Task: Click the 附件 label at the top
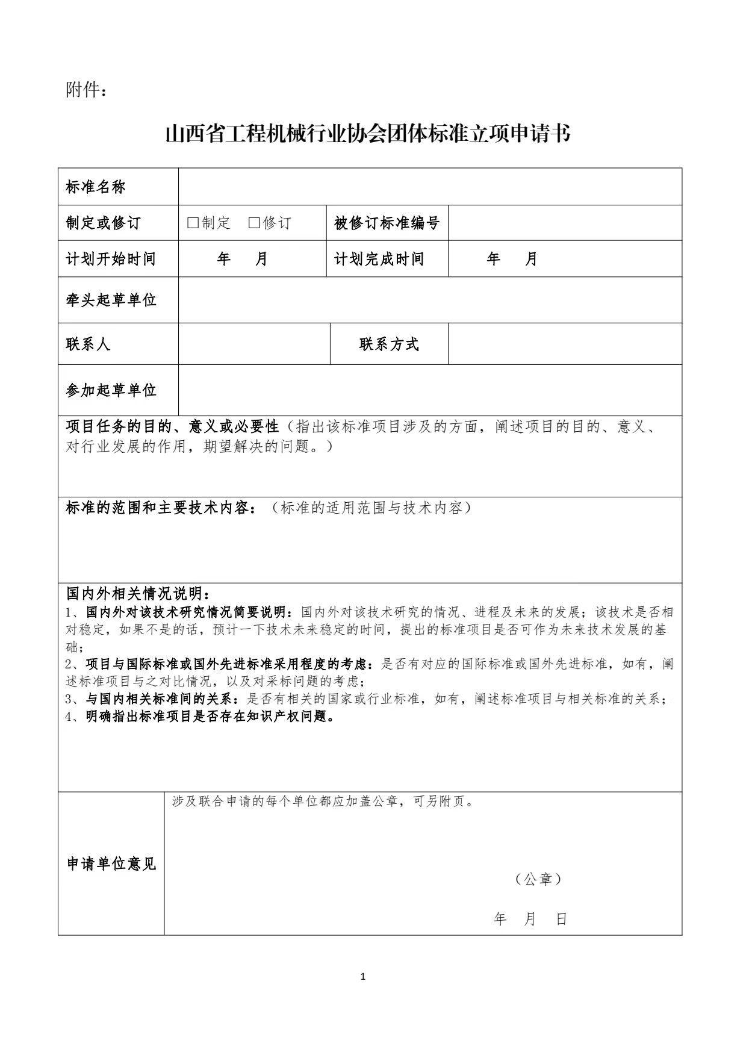point(87,90)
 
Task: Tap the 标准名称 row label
point(96,187)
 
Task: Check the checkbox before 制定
point(193,223)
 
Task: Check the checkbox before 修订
point(254,223)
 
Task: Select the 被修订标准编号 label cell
point(387,223)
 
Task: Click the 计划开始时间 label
point(111,259)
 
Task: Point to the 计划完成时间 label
point(379,259)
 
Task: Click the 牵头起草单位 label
point(111,300)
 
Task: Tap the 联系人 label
point(89,344)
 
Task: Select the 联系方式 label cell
point(389,344)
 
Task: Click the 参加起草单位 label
point(111,390)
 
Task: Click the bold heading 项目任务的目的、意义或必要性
point(172,427)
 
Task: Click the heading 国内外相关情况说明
point(138,594)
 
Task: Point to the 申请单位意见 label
point(111,864)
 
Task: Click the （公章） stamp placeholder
point(538,880)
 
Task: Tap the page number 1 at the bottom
point(362,977)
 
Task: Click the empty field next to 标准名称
point(430,187)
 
